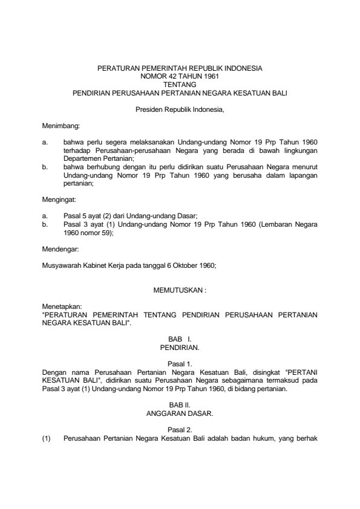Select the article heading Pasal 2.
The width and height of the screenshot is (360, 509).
click(x=180, y=429)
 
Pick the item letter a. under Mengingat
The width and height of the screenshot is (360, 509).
click(x=45, y=215)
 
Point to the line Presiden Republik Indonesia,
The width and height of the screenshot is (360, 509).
click(x=180, y=111)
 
